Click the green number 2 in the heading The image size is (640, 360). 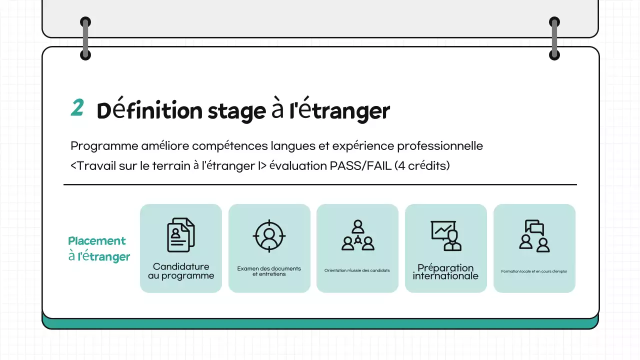coord(77,107)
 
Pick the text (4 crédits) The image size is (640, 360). coord(422,165)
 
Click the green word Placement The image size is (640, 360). coord(97,241)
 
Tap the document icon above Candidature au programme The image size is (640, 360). coord(180,234)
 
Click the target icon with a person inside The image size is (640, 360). coord(269,235)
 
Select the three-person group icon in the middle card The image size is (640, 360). coord(357,235)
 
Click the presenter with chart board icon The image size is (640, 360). coord(446,235)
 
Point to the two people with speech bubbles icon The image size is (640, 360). coord(534,235)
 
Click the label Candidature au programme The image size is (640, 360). coord(181,271)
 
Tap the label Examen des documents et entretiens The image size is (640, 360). coord(269,271)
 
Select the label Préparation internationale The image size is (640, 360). coord(445,271)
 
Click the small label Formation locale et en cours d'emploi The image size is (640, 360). coord(534,271)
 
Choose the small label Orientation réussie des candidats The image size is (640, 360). coord(357,270)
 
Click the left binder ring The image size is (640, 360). coord(85,38)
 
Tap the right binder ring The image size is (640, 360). coord(554,38)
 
